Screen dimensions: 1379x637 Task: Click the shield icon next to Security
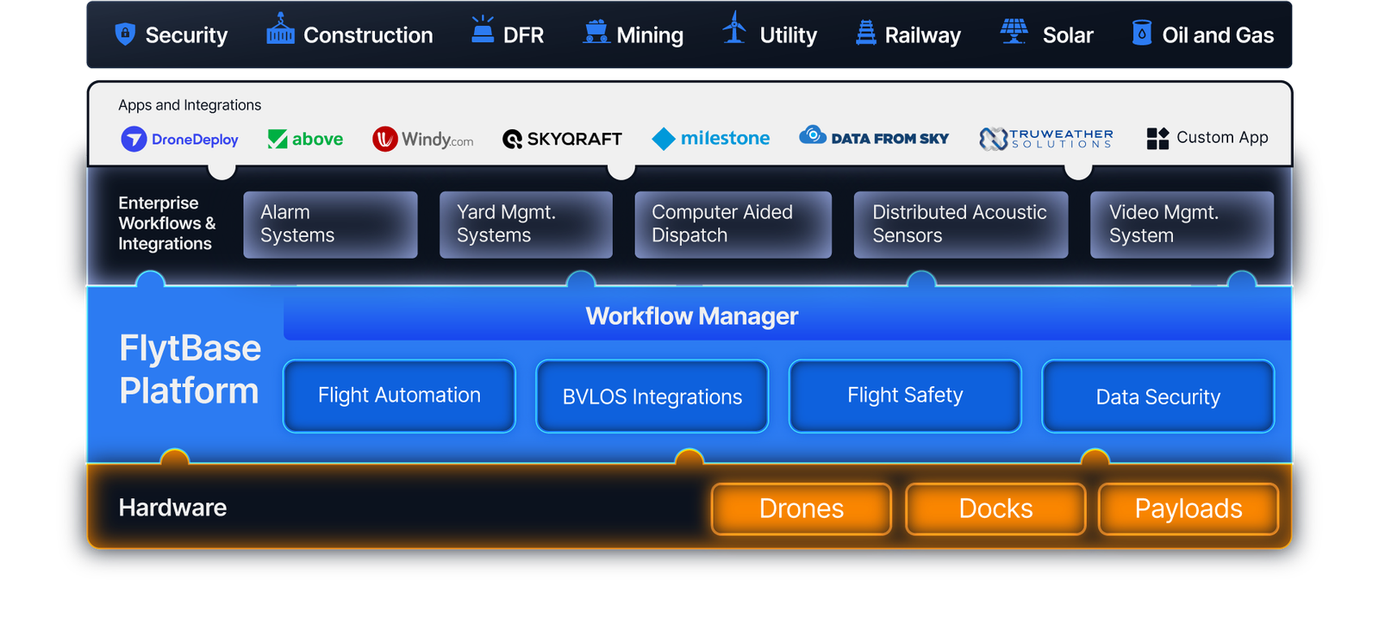125,34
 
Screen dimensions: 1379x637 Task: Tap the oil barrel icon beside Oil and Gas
1141,33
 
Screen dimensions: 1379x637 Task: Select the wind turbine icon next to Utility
734,28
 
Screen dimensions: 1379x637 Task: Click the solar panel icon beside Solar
1014,31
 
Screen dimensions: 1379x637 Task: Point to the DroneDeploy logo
180,139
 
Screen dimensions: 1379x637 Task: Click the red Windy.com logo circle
384,139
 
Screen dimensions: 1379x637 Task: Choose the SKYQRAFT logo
562,139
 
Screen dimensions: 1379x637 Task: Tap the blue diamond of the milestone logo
664,139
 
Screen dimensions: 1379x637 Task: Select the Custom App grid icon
1157,139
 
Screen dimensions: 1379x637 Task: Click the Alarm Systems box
331,225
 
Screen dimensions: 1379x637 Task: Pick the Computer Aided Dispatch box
733,225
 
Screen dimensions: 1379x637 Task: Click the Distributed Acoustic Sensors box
961,225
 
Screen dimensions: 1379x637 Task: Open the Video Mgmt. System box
1182,225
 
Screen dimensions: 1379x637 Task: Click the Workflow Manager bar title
692,316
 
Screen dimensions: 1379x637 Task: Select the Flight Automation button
399,396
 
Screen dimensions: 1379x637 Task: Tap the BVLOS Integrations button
652,396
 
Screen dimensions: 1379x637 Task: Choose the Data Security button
1158,396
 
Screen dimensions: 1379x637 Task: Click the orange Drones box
802,509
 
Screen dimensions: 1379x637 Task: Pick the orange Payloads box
1189,509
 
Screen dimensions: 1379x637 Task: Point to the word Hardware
172,508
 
